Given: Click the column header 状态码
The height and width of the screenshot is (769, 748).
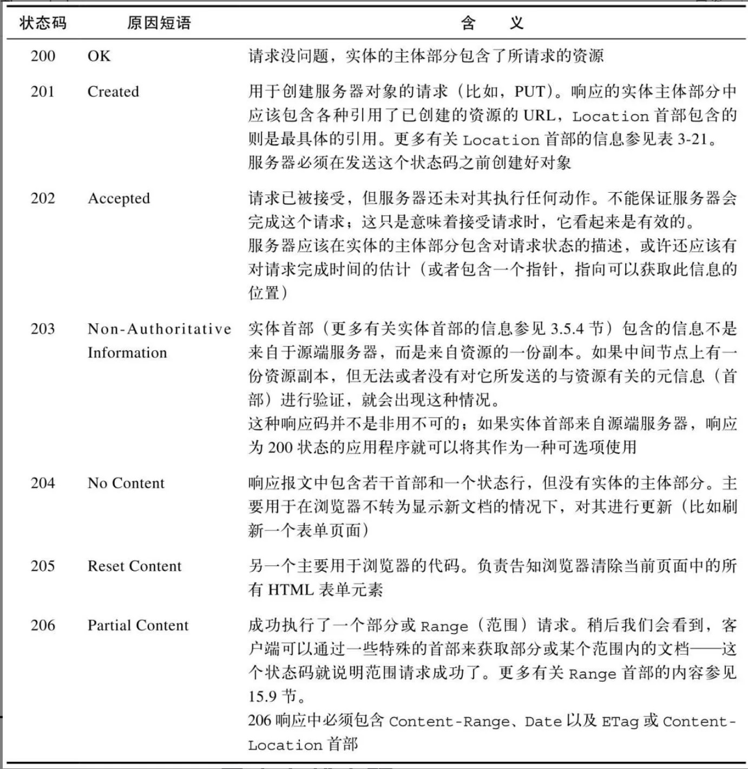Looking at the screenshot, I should point(43,23).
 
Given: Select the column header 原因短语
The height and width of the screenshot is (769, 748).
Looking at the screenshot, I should point(159,23).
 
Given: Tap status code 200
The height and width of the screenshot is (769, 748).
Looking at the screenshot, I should point(43,56).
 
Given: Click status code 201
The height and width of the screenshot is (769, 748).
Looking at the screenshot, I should point(43,91).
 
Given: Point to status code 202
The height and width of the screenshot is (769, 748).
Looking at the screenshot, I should point(43,198).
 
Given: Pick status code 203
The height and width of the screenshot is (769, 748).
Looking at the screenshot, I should point(43,329).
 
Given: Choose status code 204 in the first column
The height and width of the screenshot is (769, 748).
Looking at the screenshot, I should point(43,483).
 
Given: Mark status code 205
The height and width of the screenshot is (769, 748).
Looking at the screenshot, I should point(43,566).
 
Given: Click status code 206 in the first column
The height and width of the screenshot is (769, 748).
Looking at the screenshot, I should point(43,625).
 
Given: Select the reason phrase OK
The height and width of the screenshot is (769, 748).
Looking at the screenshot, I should point(99,56).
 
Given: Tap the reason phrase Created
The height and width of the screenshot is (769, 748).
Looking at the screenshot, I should point(113,91).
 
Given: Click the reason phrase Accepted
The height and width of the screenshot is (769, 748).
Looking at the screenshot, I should point(119,198).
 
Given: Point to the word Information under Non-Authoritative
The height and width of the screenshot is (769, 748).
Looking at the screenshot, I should point(127,353).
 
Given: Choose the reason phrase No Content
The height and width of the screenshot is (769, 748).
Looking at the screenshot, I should point(126,483).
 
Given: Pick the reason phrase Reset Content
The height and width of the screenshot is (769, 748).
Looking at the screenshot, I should point(134,566).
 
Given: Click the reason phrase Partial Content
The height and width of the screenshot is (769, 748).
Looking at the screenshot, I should point(138,625).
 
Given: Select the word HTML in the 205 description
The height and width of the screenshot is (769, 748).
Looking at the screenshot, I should point(291,589).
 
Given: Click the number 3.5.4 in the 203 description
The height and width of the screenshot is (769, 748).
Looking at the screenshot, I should point(567,329).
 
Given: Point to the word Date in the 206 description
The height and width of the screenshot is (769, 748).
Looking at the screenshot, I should point(543,721).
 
